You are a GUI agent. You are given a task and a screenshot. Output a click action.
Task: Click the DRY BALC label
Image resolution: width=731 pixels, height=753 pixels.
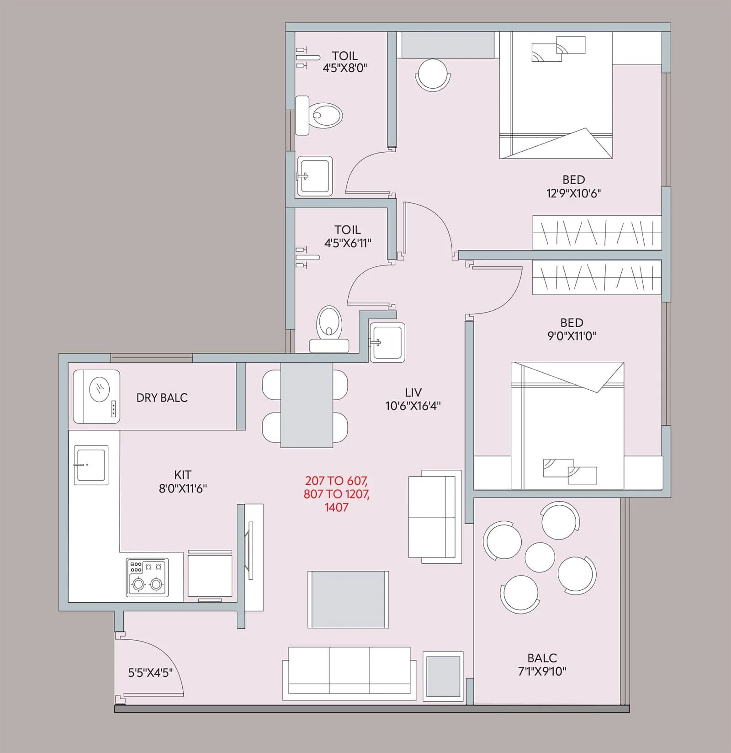[162, 398]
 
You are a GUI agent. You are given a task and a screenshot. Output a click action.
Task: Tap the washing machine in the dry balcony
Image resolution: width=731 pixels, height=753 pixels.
[97, 396]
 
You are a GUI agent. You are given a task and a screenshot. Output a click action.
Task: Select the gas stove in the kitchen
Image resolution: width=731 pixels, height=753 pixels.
[147, 577]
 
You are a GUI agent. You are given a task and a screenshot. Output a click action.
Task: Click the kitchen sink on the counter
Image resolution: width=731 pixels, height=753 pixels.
[91, 465]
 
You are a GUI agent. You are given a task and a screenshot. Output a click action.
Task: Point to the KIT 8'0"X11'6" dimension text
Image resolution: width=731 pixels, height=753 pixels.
[183, 482]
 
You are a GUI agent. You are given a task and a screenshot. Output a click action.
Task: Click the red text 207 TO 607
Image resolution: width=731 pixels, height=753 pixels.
[337, 481]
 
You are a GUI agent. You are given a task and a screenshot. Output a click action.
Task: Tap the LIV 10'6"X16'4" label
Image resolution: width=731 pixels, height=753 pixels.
[413, 399]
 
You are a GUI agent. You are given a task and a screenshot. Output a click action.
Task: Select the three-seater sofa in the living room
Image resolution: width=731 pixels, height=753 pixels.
[349, 673]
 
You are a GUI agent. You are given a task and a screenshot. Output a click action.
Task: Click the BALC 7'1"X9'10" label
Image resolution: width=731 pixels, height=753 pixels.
[542, 665]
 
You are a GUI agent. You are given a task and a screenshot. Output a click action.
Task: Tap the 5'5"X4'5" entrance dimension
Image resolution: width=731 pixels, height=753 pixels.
[150, 673]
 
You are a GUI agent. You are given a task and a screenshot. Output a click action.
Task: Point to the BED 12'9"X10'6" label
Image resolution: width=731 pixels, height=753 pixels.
[573, 186]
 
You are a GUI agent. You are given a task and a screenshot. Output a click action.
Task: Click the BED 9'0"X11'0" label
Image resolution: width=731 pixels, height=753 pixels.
[572, 329]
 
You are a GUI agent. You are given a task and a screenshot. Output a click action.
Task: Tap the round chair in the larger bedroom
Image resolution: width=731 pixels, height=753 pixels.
[432, 75]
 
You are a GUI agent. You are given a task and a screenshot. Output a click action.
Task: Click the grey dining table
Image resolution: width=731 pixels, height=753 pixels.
[307, 405]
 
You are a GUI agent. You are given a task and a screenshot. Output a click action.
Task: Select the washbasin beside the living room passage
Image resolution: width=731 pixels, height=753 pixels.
[387, 342]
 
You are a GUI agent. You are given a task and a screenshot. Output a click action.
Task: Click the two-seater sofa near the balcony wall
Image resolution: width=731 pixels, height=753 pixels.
[432, 516]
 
